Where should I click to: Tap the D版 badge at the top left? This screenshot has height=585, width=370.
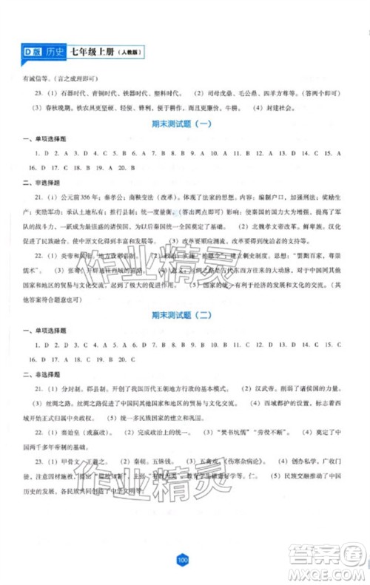pyautogui.click(x=31, y=51)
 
